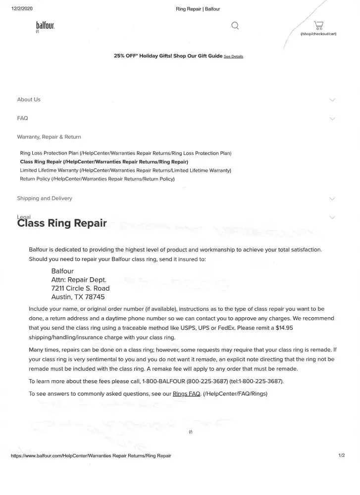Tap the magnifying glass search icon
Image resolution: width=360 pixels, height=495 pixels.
236,25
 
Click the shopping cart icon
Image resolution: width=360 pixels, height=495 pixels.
319,25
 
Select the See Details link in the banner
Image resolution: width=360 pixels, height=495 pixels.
233,57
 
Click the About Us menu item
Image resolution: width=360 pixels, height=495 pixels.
29,99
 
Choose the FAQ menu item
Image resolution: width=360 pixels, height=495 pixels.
23,118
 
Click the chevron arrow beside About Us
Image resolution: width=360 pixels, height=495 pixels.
332,99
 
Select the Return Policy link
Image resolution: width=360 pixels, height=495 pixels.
35,179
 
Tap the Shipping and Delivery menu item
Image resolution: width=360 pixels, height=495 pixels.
45,198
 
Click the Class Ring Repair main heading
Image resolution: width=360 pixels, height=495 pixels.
62,223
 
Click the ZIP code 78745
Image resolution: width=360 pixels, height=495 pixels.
94,297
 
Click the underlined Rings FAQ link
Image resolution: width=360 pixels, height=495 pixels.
186,394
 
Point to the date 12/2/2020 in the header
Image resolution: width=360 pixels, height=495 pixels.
21,8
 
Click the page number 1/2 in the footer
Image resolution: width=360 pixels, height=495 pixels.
341,455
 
